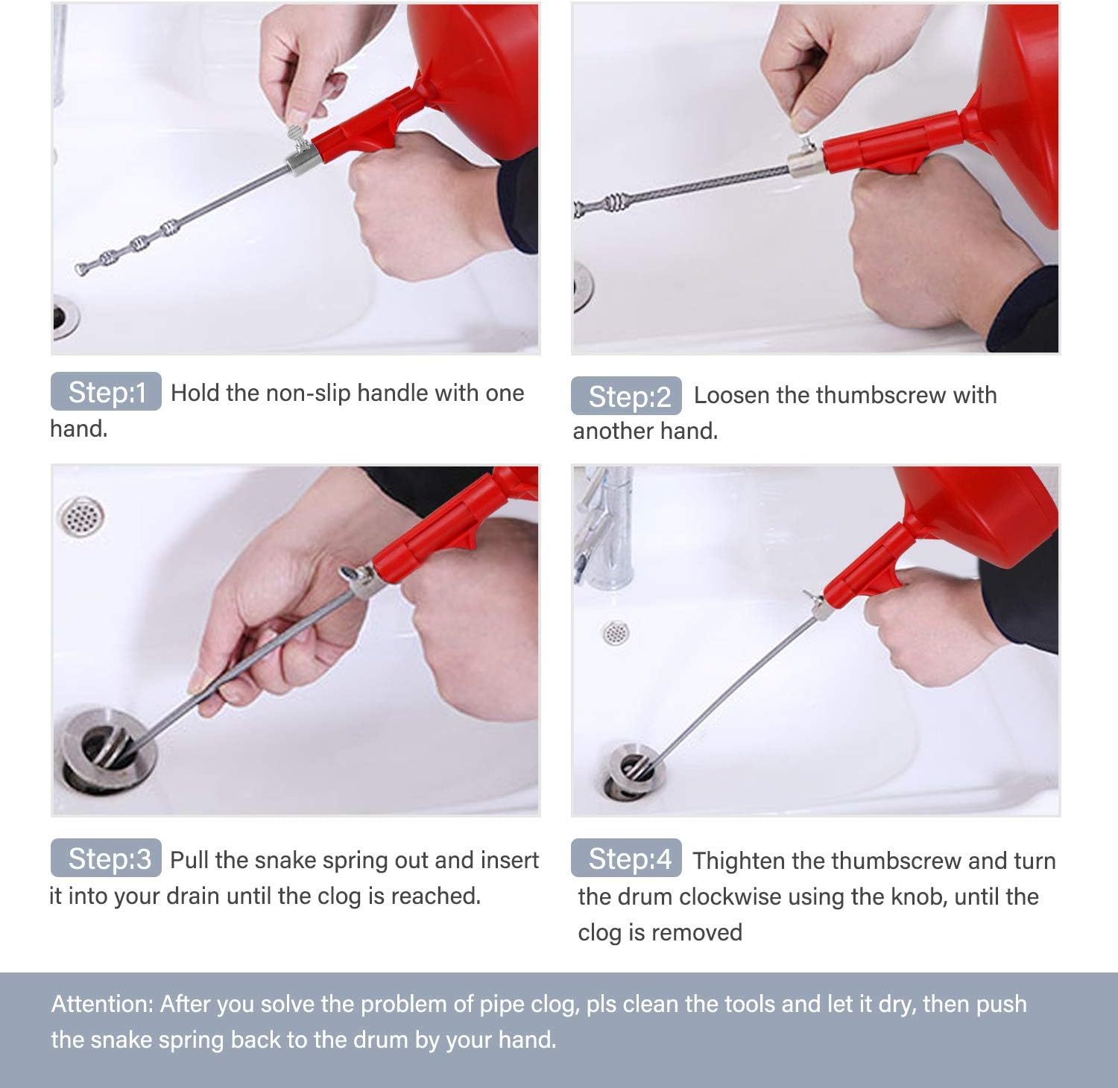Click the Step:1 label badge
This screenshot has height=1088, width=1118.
[x=106, y=391]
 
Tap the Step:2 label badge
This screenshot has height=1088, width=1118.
[x=626, y=396]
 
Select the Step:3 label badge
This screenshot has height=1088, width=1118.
[x=106, y=858]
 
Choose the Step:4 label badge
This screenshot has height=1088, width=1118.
[x=626, y=858]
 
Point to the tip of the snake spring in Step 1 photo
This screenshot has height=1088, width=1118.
[x=79, y=269]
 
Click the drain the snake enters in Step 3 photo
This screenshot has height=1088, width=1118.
[x=108, y=749]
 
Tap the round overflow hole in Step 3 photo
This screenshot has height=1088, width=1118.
[x=80, y=516]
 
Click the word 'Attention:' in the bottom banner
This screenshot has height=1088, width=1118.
[x=102, y=1004]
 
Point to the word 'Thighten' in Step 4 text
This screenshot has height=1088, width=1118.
[x=739, y=861]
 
